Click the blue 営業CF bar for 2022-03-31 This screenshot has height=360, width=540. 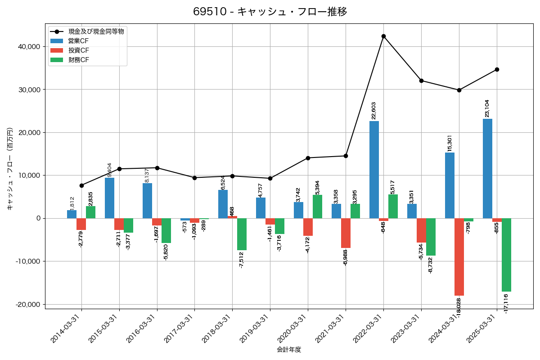click(374, 170)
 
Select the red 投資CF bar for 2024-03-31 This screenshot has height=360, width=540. click(459, 257)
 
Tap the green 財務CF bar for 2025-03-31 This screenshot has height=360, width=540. click(506, 255)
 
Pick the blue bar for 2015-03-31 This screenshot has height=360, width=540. click(109, 198)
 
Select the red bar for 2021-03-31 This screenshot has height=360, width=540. click(346, 233)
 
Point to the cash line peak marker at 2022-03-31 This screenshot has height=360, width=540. click(383, 36)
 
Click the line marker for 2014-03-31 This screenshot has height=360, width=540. click(81, 185)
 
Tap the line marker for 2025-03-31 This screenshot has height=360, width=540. click(497, 69)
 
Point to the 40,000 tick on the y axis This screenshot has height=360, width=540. click(28, 47)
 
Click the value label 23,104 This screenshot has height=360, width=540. click(487, 108)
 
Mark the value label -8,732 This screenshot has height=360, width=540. click(431, 265)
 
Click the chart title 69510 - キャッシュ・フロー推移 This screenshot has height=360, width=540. click(270, 12)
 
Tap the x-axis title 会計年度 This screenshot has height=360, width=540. click(289, 350)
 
